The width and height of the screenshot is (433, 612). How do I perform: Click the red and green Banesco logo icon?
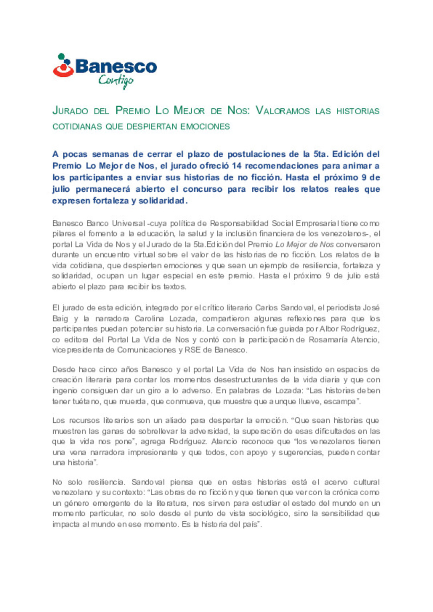click(x=63, y=66)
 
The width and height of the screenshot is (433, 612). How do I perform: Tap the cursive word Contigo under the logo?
click(x=116, y=81)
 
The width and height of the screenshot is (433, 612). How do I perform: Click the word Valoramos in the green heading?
click(x=282, y=111)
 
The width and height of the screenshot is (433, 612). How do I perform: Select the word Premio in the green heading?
click(x=133, y=111)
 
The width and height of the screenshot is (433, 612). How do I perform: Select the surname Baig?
click(x=60, y=318)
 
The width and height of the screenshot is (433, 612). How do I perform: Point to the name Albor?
click(x=328, y=329)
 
